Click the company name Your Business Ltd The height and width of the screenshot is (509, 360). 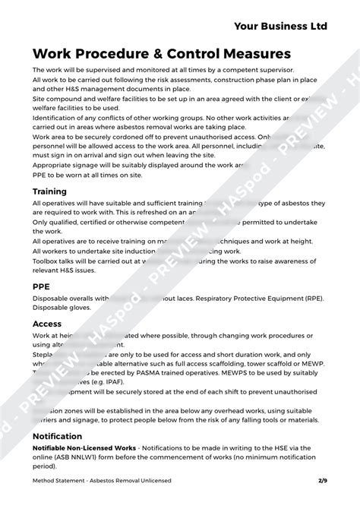click(x=279, y=26)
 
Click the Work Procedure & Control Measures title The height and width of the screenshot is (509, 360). click(x=161, y=54)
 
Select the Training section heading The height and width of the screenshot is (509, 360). click(x=49, y=191)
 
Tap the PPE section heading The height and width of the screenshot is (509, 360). click(x=41, y=286)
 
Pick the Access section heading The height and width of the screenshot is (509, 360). click(x=47, y=324)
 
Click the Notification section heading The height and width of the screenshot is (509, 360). click(x=57, y=436)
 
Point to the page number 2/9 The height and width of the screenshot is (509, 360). click(x=322, y=480)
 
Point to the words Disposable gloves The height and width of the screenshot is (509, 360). click(x=62, y=308)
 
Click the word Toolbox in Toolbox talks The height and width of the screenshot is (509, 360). click(x=46, y=260)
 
